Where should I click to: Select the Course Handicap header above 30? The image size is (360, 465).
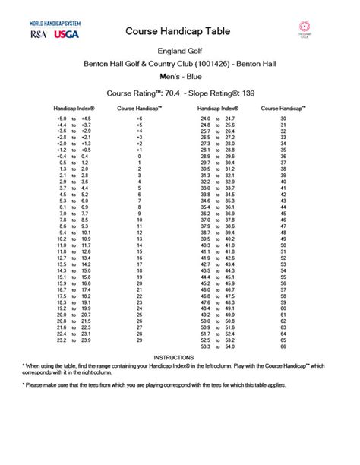tap(283, 108)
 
